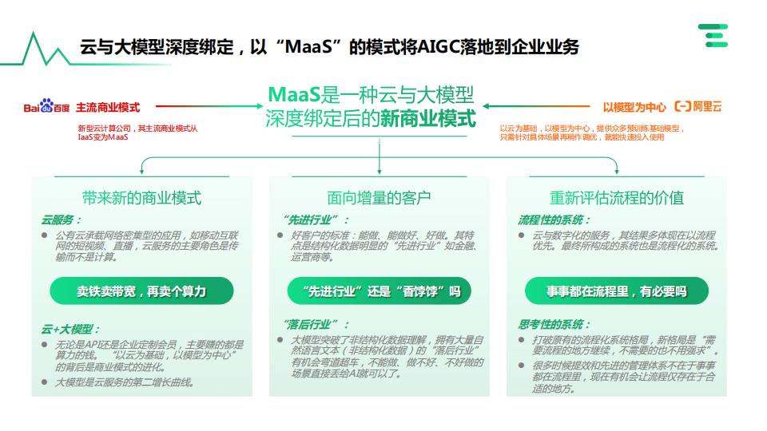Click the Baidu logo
pos(46,106)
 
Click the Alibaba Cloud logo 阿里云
pos(698,106)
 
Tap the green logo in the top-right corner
pos(713,35)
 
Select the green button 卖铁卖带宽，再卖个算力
pos(142,291)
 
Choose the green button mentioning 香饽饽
pos(379,291)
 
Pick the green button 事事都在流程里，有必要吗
pos(617,291)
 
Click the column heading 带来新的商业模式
pos(142,198)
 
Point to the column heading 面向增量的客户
pos(379,198)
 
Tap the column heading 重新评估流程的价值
pos(617,198)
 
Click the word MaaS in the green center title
pos(294,94)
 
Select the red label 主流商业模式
pos(108,108)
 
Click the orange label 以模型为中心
pos(634,108)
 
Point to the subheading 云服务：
pos(62,220)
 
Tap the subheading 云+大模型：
pos(70,330)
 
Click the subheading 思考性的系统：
pos(554,325)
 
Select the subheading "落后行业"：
pos(316,325)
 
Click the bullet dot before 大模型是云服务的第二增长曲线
pos(45,382)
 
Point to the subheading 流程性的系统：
pos(554,220)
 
